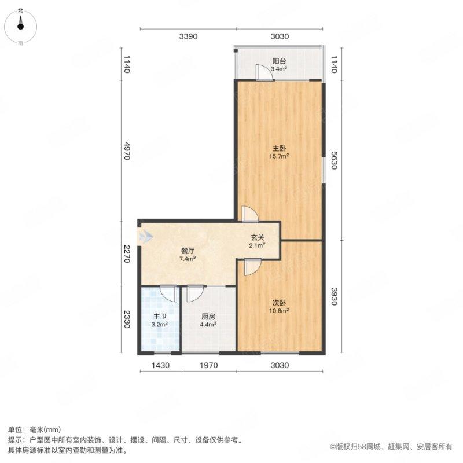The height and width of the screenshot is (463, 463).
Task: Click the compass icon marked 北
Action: (21, 24)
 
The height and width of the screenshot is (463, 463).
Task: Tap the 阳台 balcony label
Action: (280, 60)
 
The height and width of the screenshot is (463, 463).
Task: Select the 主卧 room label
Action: (280, 148)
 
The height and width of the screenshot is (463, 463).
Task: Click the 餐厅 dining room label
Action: (187, 251)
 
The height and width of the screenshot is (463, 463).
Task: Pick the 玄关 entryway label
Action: (258, 237)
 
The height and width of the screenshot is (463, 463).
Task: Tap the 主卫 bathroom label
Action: (160, 317)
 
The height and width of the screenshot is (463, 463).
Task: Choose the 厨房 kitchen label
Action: (209, 317)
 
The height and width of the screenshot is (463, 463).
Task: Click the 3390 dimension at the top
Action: (188, 37)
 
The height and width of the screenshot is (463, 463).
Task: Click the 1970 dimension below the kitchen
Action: (209, 365)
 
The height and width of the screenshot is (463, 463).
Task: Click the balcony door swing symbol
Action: (263, 74)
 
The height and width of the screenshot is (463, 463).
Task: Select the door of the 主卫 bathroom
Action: (169, 293)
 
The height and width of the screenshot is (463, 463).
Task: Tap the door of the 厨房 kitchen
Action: (194, 293)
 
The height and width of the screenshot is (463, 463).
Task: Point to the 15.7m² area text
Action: (280, 156)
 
